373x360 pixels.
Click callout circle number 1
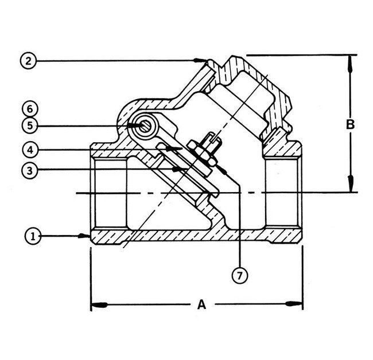(x=33, y=236)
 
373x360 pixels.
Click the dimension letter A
(x=201, y=305)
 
